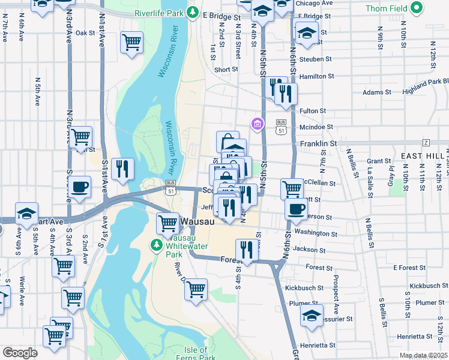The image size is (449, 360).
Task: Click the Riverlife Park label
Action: [x=160, y=12]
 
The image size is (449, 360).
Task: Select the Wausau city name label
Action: [x=197, y=221]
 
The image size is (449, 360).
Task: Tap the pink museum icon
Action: [x=258, y=124]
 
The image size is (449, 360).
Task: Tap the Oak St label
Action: [x=86, y=33]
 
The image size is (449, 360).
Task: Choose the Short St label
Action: [x=226, y=70]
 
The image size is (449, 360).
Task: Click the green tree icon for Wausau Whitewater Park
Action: [x=157, y=245]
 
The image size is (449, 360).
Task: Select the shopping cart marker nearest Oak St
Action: [x=131, y=42]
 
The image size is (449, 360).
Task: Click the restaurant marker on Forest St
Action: [x=247, y=250]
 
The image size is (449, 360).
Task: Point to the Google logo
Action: [x=20, y=353]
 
